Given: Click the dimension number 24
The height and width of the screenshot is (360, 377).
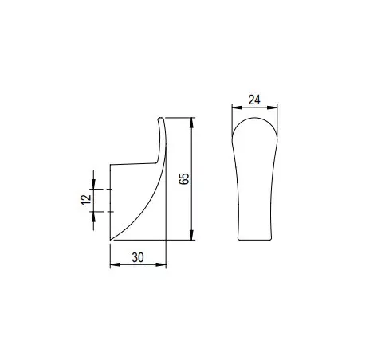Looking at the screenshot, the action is pyautogui.click(x=254, y=100).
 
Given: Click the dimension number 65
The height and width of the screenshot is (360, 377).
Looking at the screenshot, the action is pyautogui.click(x=184, y=178).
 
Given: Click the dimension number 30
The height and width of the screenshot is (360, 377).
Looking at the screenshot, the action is pyautogui.click(x=138, y=257).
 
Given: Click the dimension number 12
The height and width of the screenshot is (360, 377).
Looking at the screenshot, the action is pyautogui.click(x=86, y=200).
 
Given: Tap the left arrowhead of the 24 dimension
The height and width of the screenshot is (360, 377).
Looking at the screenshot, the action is pyautogui.click(x=237, y=108).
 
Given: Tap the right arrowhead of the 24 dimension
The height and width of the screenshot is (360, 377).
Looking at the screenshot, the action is pyautogui.click(x=273, y=108).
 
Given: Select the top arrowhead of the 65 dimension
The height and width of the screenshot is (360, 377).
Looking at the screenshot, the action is pyautogui.click(x=192, y=123).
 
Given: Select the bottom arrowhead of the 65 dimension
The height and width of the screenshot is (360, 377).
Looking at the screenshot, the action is pyautogui.click(x=192, y=235).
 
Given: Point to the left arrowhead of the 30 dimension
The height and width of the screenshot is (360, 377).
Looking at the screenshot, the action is pyautogui.click(x=116, y=264).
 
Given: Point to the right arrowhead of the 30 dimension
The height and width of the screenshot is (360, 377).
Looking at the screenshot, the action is pyautogui.click(x=161, y=264).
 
